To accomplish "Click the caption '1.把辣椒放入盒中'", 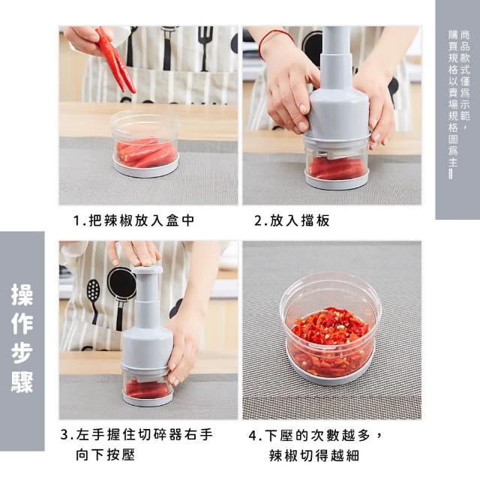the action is pos(133,220).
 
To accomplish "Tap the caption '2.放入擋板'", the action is pos(292,220).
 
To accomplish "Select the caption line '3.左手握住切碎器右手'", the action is pos(136,434).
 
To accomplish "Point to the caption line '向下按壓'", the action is pos(105,454).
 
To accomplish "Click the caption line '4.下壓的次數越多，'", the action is pos(315,435).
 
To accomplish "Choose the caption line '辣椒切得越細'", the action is pos(314,455).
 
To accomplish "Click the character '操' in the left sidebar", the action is pos(22,295).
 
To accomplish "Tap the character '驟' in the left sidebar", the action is pos(22,382).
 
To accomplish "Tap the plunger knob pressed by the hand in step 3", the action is pos(147,270).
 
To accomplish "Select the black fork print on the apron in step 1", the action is pos(205,46).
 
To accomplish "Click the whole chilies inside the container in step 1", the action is pos(146,153).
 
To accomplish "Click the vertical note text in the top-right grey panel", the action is pos(459,103).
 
